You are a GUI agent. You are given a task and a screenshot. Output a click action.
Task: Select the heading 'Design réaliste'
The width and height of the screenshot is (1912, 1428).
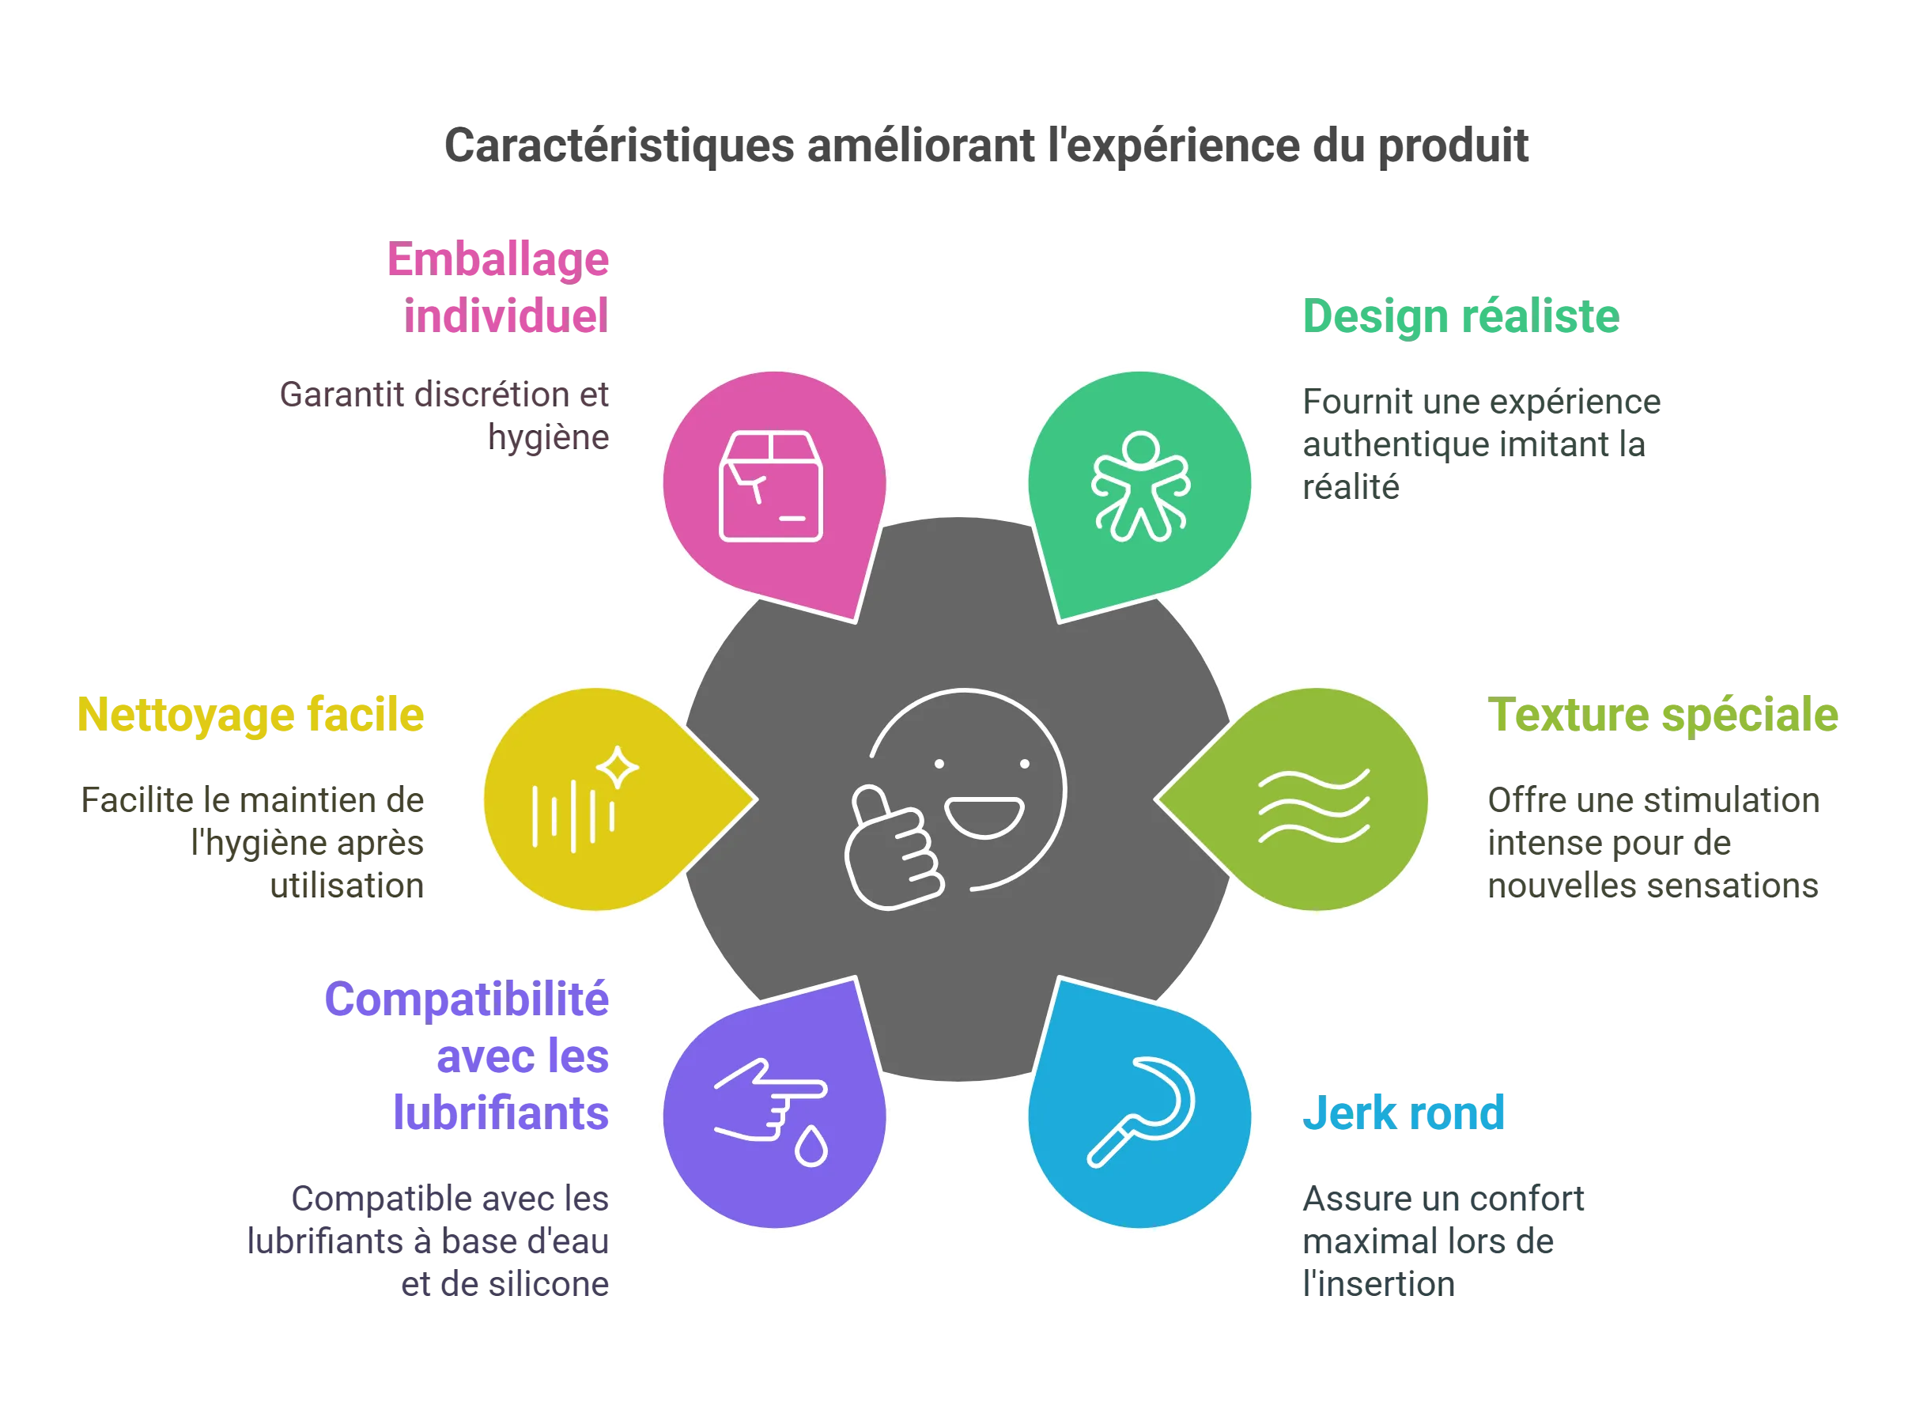[x=1460, y=315]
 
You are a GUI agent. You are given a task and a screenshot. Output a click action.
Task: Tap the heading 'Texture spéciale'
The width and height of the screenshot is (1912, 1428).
[x=1662, y=716]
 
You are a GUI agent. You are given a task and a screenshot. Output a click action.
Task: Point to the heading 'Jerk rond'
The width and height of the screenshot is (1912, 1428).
[x=1404, y=1113]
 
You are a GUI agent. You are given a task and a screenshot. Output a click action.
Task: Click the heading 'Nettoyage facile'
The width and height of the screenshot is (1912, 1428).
[x=251, y=716]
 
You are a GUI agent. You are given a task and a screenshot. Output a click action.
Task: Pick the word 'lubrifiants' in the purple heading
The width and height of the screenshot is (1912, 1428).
[x=501, y=1113]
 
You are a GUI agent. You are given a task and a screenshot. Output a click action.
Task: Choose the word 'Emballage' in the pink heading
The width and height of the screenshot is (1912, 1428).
[x=498, y=260]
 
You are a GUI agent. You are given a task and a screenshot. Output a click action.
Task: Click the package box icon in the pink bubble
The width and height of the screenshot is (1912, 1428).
[x=771, y=485]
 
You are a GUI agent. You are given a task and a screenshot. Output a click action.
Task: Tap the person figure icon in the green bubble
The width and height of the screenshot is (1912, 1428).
[x=1140, y=485]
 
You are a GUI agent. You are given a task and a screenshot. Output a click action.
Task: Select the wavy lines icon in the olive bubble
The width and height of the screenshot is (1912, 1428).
[x=1314, y=806]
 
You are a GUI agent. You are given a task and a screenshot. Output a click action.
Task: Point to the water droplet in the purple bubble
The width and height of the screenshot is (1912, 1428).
[x=811, y=1147]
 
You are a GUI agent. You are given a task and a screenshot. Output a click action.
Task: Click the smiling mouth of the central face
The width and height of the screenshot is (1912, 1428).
[x=984, y=818]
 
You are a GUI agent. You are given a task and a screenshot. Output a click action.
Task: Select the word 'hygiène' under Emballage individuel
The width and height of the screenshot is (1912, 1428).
[x=549, y=438]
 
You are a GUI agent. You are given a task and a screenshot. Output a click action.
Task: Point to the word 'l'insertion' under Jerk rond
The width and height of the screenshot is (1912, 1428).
[x=1379, y=1285]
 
